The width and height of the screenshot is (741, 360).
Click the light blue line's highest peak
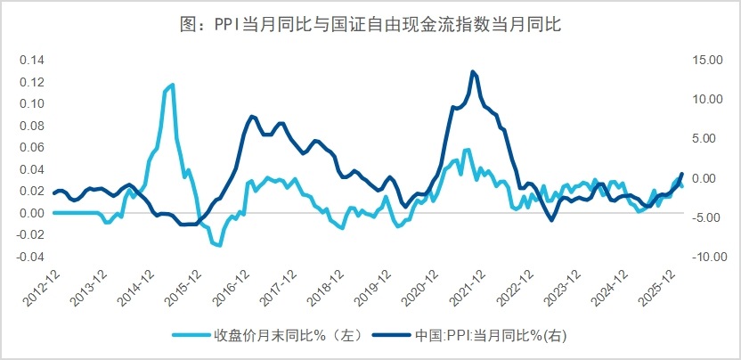172,85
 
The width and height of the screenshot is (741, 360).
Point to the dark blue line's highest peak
472,71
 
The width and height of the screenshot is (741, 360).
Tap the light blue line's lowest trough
218,245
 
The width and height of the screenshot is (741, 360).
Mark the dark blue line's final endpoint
682,174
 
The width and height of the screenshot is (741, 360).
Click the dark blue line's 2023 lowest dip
551,220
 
